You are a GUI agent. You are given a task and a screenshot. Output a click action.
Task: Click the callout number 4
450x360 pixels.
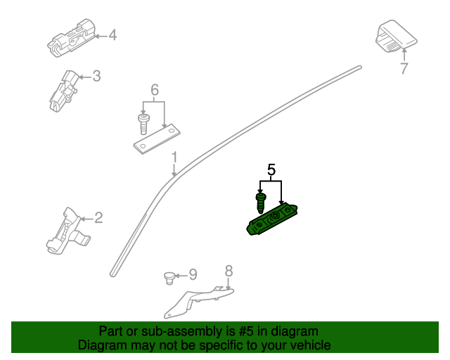pos(112,35)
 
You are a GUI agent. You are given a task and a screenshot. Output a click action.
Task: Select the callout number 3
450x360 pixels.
pos(97,76)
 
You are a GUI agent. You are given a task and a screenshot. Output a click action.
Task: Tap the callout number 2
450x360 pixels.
pos(98,218)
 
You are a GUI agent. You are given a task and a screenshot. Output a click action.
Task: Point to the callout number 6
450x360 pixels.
pos(155,90)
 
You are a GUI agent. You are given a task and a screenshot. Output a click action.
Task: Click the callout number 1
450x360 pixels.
pos(174,157)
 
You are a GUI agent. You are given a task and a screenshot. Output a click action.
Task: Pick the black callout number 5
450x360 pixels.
pos(271,169)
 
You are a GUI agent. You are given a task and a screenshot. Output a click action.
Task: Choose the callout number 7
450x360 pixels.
pos(404,68)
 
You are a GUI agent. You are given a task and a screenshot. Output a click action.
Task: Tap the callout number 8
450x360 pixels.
pos(229,271)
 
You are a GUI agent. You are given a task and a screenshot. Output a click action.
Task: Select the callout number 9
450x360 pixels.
pos(193,274)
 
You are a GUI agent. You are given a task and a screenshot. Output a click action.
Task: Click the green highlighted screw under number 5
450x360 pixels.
pos(261,203)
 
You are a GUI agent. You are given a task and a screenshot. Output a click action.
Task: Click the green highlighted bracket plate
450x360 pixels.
pos(272,219)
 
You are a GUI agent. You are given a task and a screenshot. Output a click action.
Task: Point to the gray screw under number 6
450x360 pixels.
pos(143,124)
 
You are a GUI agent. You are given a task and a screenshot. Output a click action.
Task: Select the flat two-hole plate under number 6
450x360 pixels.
pos(157,139)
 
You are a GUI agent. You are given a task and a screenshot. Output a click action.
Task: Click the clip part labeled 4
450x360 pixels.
pos(71,38)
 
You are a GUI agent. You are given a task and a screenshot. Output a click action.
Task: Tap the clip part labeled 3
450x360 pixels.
pos(63,91)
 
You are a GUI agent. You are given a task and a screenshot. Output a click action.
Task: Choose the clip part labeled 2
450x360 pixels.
pos(67,231)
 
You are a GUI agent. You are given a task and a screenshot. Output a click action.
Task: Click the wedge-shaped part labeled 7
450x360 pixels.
pos(397,36)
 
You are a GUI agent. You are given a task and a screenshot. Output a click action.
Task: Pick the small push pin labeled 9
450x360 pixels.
pos(169,278)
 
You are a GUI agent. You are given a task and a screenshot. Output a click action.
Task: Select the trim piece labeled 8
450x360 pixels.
pos(198,302)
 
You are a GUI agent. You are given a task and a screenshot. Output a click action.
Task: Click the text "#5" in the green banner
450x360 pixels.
pos(246,331)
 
